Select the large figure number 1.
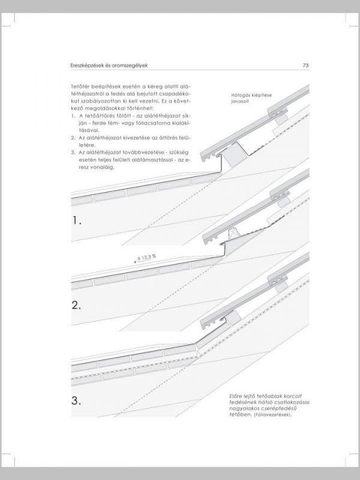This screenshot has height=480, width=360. click(76, 221)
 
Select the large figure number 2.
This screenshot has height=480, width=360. click(76, 305)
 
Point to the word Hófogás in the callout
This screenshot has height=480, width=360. click(241, 95)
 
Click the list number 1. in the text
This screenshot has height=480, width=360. click(72, 115)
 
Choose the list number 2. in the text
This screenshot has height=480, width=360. click(72, 137)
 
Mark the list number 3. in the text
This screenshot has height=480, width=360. click(72, 152)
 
